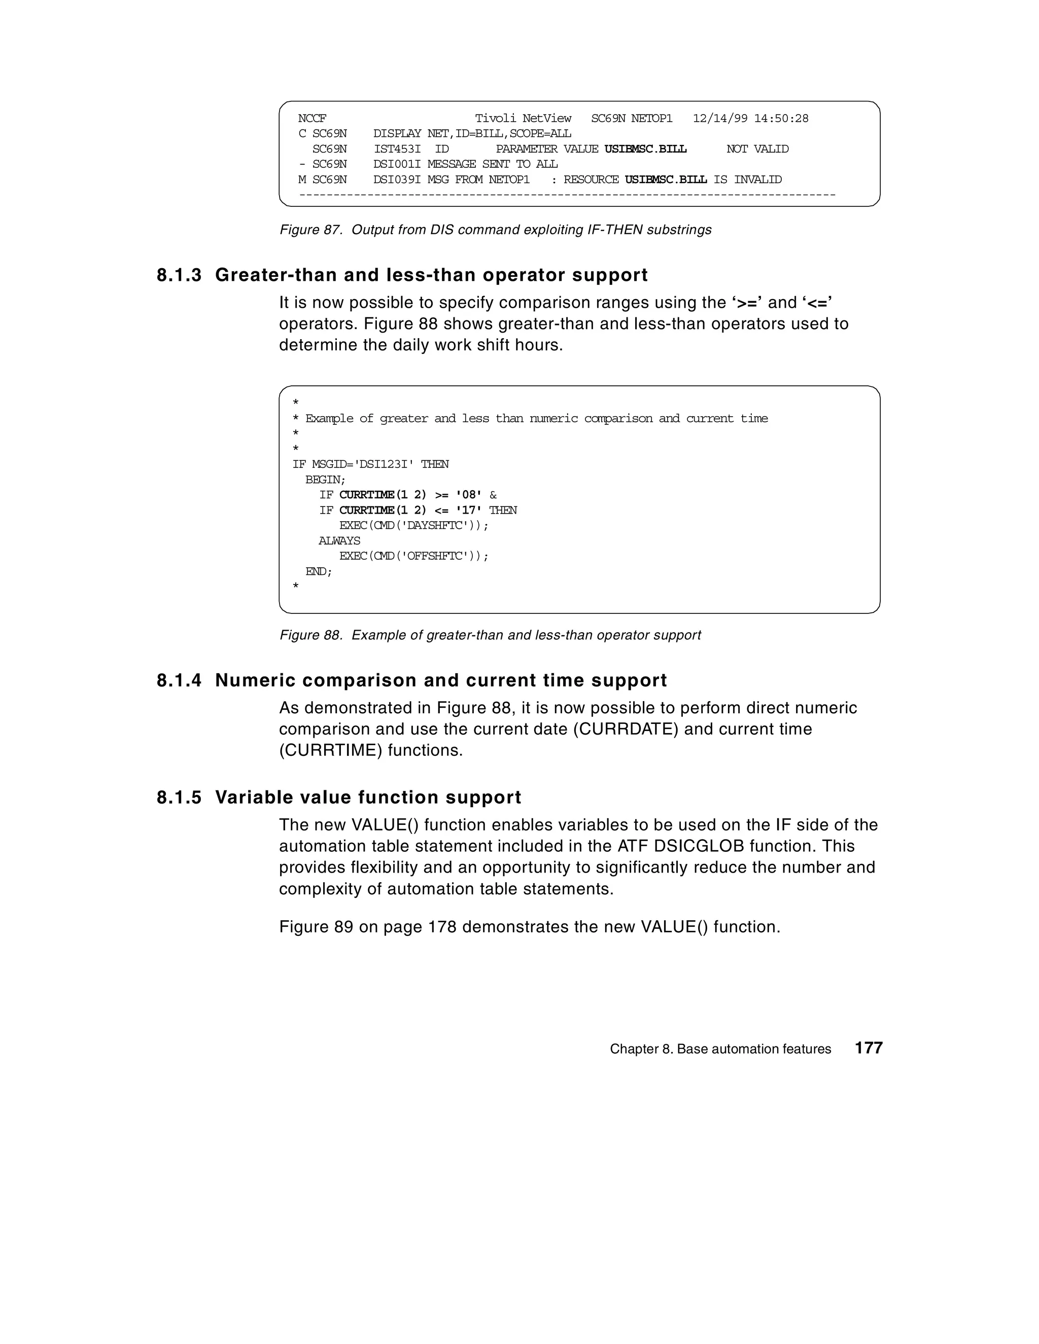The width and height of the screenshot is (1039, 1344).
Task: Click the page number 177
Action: pos(869,1048)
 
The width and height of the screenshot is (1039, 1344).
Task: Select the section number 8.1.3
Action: pos(179,275)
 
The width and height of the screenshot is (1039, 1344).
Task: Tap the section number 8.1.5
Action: pos(179,797)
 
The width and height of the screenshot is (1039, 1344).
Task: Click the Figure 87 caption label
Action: pos(310,230)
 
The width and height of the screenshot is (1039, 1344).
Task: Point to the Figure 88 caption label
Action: pos(310,635)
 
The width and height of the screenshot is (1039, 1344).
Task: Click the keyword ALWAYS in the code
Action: pos(339,541)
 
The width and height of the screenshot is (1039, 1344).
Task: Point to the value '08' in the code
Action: pos(469,495)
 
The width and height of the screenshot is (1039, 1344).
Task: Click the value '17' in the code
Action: pos(469,510)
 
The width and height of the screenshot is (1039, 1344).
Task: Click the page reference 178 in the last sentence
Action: pos(441,927)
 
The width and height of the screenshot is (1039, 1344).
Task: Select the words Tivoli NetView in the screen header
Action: pos(523,118)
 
